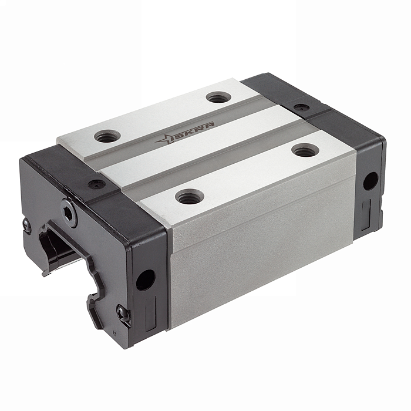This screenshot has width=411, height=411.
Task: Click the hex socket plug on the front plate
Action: tap(69, 213)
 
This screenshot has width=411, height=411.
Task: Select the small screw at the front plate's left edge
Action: tap(27, 225)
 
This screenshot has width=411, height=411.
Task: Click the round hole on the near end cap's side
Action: tap(146, 280)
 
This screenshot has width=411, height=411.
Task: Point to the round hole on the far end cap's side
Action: tap(370, 181)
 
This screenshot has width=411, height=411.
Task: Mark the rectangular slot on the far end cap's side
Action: tap(366, 215)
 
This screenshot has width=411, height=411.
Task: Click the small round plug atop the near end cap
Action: tap(96, 184)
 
